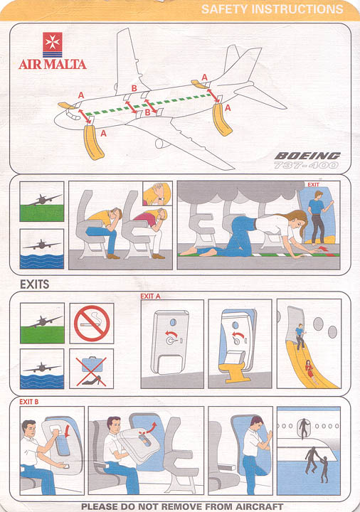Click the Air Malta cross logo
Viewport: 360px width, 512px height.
(52, 45)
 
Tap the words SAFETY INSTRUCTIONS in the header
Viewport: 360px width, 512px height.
(272, 9)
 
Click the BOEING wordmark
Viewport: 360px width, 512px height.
(307, 156)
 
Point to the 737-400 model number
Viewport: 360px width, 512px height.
(306, 165)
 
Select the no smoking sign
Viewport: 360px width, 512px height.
(92, 324)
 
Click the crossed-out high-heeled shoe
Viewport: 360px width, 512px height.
(91, 380)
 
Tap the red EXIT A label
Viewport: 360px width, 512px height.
(150, 296)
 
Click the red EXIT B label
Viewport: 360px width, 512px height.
(28, 402)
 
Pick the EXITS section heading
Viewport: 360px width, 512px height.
(35, 284)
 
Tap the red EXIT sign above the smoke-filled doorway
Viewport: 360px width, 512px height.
(313, 184)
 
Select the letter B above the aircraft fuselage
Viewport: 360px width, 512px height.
(134, 88)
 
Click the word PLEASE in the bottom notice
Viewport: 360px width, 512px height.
(99, 506)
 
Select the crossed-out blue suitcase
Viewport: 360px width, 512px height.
(92, 364)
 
